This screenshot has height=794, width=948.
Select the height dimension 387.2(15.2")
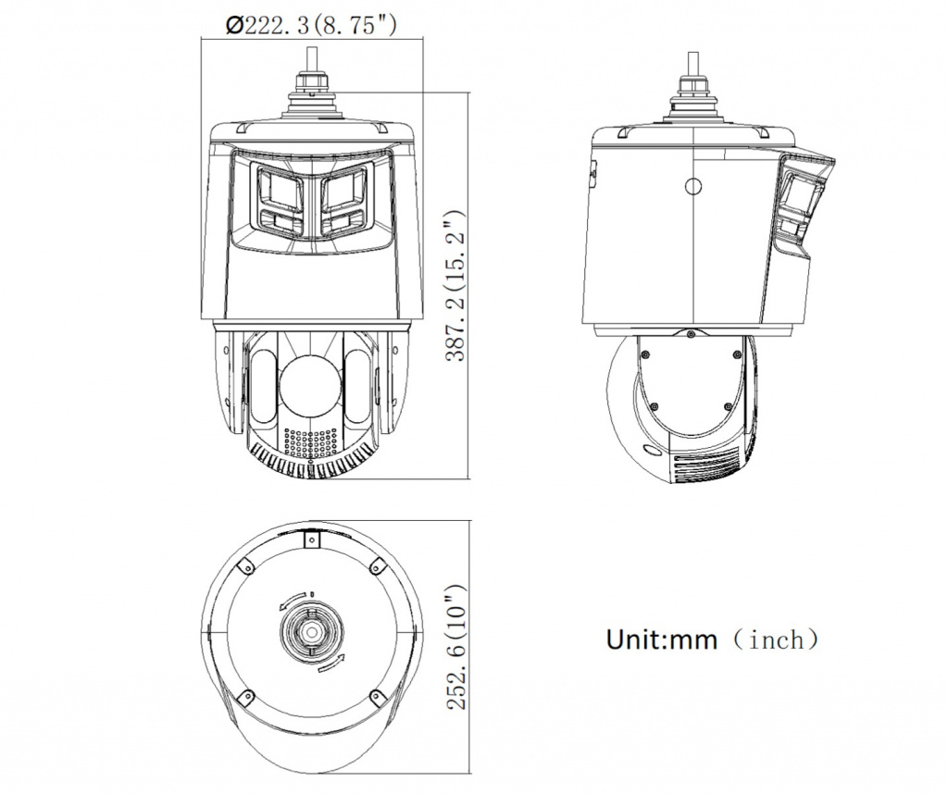pyautogui.click(x=455, y=285)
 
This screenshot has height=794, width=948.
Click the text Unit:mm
pyautogui.click(x=661, y=639)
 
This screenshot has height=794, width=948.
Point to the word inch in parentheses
pyautogui.click(x=777, y=639)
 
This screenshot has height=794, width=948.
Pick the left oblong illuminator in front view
pyautogui.click(x=262, y=387)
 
